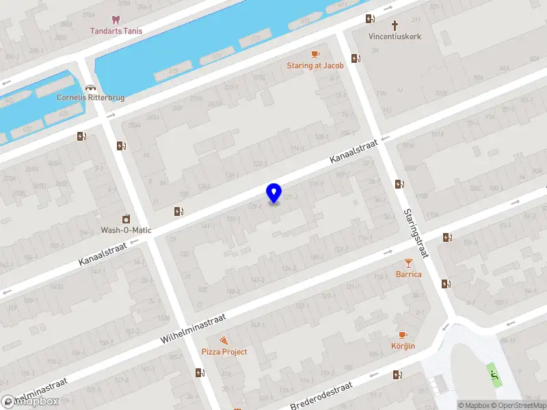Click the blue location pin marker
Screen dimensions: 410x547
274,193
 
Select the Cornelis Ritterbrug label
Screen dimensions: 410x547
90,98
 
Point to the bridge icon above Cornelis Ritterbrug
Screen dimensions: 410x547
90,87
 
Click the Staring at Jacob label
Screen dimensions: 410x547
315,66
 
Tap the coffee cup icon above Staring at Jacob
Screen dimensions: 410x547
315,54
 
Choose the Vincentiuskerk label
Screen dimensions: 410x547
395,36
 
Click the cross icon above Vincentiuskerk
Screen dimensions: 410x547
395,25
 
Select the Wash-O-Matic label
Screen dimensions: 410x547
126,230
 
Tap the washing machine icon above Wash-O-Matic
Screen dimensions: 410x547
126,219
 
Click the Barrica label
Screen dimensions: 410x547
408,274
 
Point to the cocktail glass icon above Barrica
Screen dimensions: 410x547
408,262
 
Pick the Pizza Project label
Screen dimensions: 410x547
224,351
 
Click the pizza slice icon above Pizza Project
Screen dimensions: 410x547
224,340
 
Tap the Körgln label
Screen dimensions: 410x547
403,346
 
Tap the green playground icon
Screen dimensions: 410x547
493,374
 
